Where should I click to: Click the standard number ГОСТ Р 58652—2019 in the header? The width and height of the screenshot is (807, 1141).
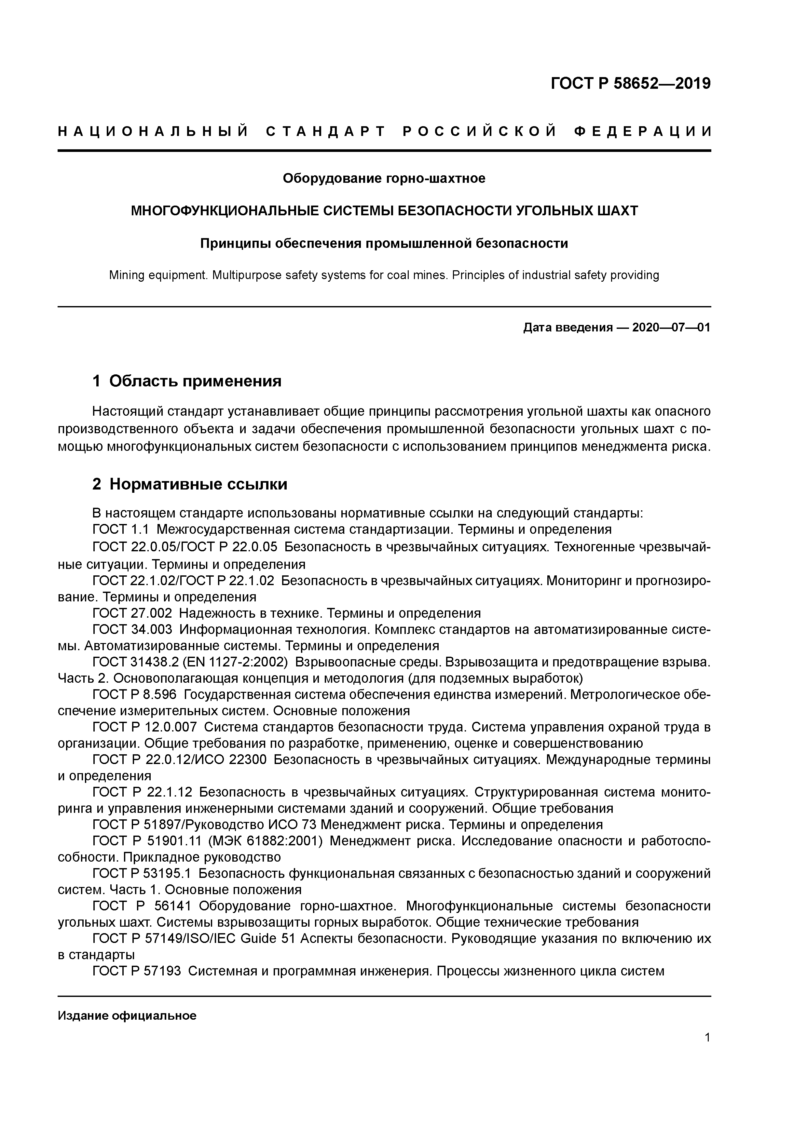pyautogui.click(x=631, y=84)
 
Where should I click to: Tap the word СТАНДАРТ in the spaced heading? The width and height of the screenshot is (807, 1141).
pyautogui.click(x=326, y=132)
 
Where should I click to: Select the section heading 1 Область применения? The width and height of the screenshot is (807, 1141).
pyautogui.click(x=187, y=381)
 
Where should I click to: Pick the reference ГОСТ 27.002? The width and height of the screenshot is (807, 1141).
pyautogui.click(x=132, y=613)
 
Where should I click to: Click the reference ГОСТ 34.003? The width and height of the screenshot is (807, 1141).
pyautogui.click(x=132, y=630)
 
